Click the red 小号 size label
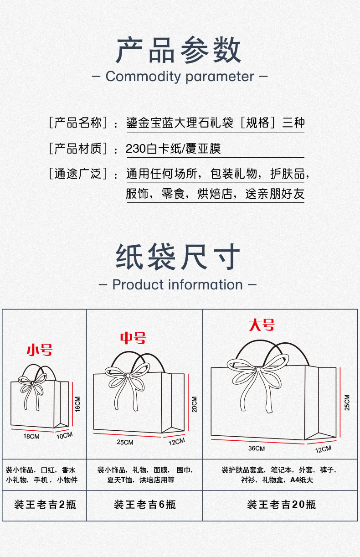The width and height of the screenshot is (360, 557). point(40,350)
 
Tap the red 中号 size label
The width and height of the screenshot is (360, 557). point(133,338)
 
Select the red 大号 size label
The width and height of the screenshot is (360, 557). point(262,325)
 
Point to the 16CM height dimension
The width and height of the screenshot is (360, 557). point(77,404)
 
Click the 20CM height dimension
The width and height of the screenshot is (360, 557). point(195,404)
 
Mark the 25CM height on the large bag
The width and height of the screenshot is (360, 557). point(347,402)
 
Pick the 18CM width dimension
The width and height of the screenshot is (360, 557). point(31,436)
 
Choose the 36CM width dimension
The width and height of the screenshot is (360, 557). point(257,449)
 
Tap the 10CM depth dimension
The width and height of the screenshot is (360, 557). point(65,435)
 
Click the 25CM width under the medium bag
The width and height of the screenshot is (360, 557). point(125,442)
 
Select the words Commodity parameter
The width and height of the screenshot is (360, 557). point(180,76)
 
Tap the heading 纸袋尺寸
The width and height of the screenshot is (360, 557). point(178,257)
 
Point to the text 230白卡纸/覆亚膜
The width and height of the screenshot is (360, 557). point(173,149)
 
